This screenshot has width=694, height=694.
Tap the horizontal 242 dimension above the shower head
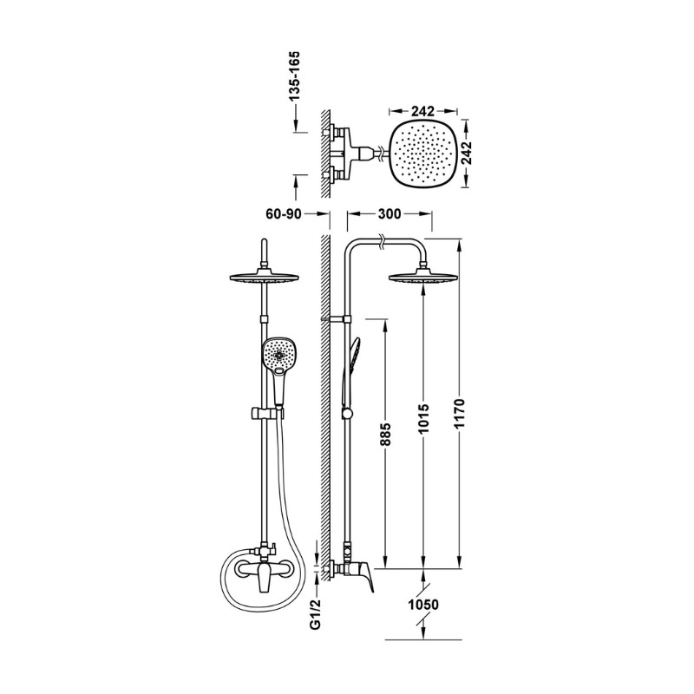tap(422, 111)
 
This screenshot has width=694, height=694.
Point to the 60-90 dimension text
tap(284, 214)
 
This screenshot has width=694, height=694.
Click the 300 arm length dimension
tap(390, 214)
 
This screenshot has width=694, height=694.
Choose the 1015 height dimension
tap(424, 418)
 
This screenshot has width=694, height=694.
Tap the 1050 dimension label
tap(423, 605)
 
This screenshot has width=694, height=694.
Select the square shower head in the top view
tap(423, 154)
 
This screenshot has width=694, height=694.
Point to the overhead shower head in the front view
tap(265, 278)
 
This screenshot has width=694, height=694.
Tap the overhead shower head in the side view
tap(423, 278)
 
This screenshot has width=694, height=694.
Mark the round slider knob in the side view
tap(348, 414)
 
